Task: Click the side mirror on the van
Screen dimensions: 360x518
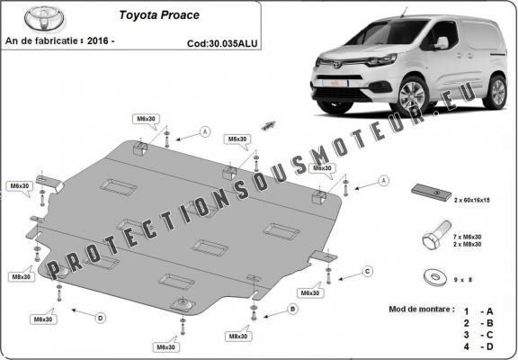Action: pyautogui.click(x=441, y=42)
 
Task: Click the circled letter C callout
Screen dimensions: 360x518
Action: pyautogui.click(x=368, y=270)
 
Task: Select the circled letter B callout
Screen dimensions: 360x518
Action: pyautogui.click(x=292, y=309)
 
